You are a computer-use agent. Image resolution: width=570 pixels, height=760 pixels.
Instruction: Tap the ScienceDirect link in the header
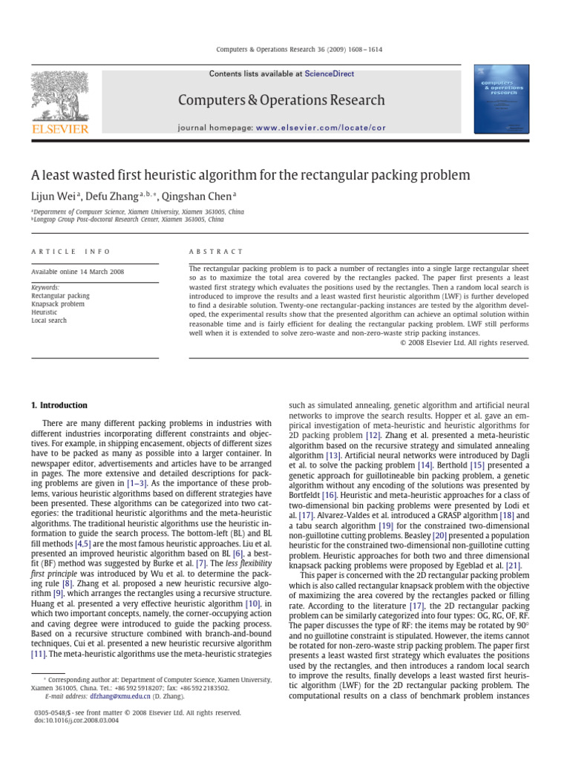[x=330, y=74]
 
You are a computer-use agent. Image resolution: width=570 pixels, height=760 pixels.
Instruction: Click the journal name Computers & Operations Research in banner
[x=281, y=100]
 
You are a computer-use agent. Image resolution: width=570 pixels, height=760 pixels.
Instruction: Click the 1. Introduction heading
[x=59, y=405]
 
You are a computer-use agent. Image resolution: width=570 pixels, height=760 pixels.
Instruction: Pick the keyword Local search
[x=49, y=321]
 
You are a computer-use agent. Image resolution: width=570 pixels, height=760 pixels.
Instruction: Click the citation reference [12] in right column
[x=373, y=436]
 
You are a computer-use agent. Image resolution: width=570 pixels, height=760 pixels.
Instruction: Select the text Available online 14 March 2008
[x=78, y=272]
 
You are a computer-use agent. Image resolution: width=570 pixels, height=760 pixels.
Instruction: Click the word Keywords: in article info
[x=45, y=287]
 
